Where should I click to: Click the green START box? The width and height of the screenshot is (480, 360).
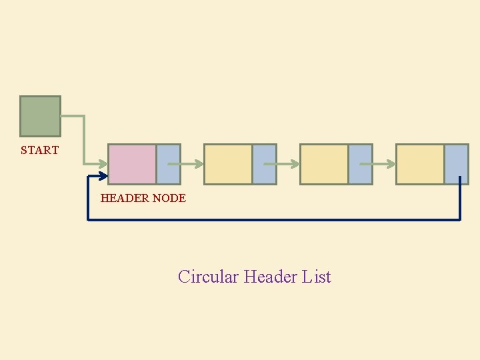(x=40, y=116)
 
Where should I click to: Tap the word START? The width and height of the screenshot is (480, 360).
(x=39, y=151)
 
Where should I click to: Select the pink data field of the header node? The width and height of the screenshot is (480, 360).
(x=132, y=164)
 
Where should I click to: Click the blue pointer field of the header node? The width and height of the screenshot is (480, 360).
(x=168, y=164)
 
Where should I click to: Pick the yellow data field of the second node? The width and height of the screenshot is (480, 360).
(x=228, y=164)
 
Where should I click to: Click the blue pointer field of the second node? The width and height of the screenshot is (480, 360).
(x=264, y=164)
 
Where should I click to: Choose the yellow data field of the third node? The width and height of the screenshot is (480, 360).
(x=324, y=164)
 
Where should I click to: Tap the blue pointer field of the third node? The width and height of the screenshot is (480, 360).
(x=360, y=164)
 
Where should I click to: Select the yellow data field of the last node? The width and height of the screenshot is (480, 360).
(x=420, y=164)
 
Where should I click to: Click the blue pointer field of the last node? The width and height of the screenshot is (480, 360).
(x=456, y=164)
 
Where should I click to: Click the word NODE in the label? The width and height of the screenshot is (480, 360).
(x=169, y=198)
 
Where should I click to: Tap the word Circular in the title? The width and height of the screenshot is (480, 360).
(x=208, y=277)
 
